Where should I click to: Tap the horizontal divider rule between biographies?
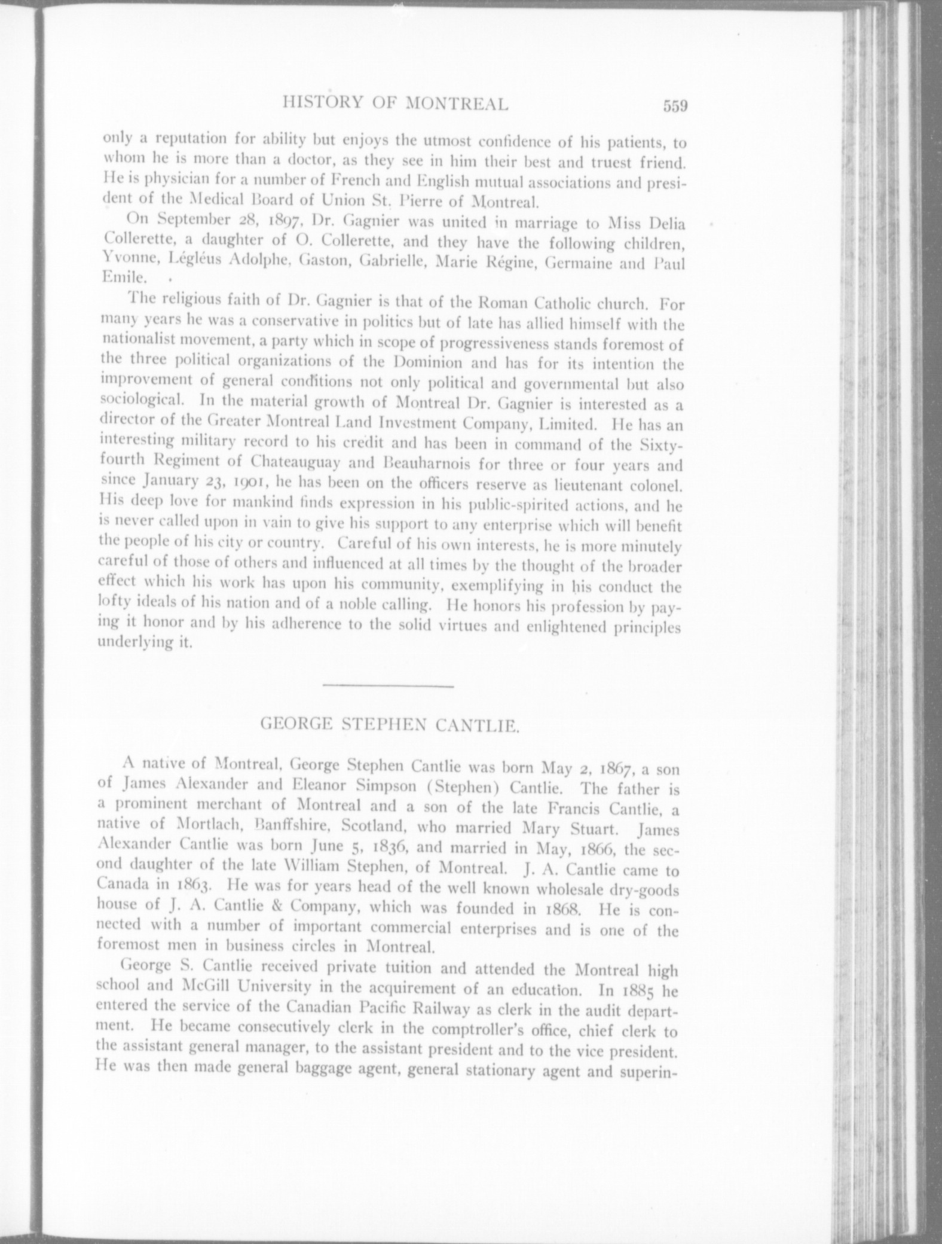[x=388, y=685]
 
